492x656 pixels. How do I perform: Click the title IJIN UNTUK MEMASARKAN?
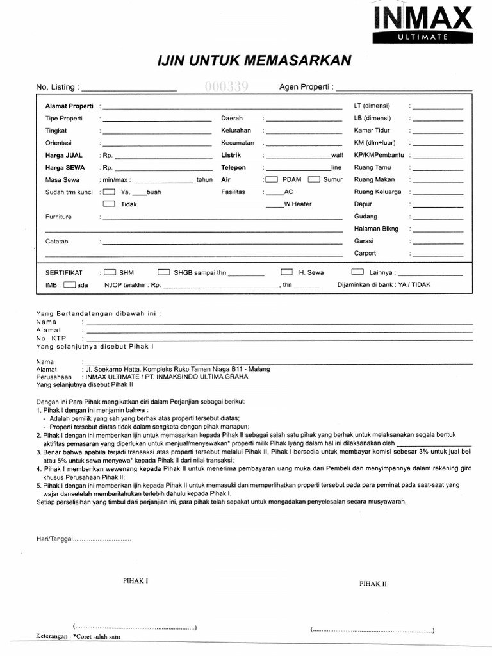pos(254,60)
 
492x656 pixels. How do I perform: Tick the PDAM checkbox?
pos(272,179)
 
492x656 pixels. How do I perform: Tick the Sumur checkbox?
pos(313,179)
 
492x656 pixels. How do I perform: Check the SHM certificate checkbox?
pos(110,272)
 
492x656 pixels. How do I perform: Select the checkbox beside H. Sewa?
pos(286,272)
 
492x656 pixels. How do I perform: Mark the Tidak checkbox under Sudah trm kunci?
pos(110,204)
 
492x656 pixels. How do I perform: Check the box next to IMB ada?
pos(70,284)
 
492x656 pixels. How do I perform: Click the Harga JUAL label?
pos(63,155)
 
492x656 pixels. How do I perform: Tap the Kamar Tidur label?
pos(372,130)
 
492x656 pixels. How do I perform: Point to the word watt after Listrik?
pos(336,155)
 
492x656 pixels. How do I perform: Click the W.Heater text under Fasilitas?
pos(298,204)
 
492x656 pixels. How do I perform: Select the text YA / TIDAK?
pos(417,284)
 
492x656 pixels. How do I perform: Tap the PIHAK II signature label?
pos(373,584)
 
